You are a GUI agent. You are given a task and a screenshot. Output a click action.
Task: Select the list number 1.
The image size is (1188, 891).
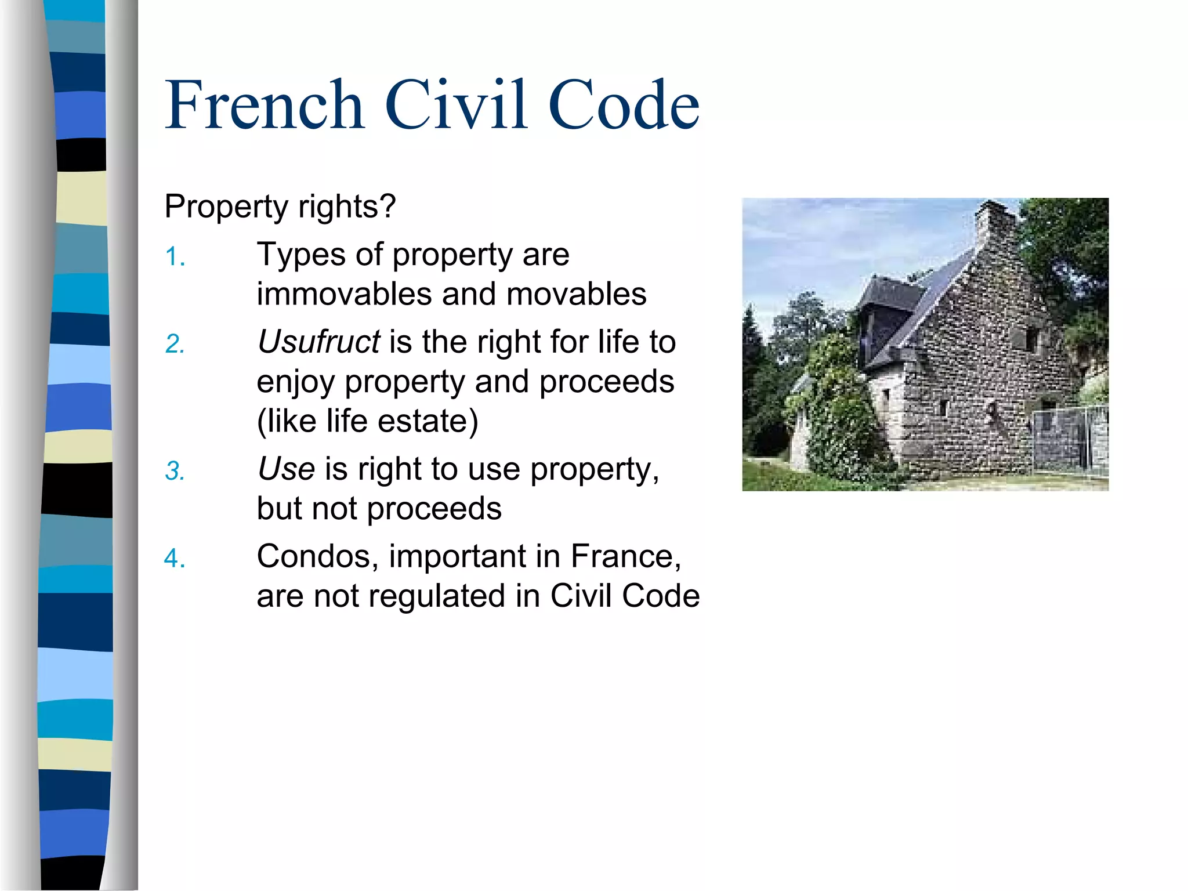(175, 257)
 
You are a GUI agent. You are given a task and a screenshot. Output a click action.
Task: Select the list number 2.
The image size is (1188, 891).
(175, 344)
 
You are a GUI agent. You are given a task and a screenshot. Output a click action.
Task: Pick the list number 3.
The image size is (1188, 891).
(175, 471)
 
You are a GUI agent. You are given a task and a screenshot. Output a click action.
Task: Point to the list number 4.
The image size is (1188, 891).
(175, 559)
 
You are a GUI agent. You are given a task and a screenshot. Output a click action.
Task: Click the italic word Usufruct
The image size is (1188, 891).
(318, 342)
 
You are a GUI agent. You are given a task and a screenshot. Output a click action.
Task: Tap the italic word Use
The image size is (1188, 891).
(286, 469)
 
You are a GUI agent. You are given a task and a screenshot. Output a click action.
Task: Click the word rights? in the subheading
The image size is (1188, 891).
(347, 207)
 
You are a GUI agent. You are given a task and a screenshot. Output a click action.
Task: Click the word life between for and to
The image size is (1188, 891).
(618, 342)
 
